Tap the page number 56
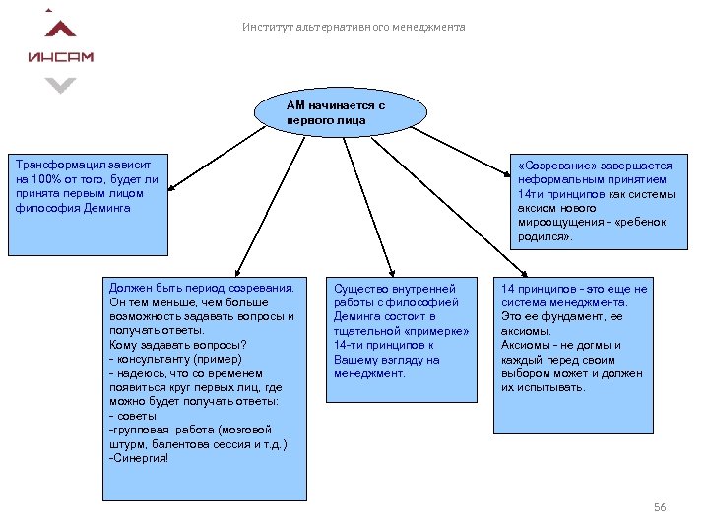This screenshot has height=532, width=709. [660, 507]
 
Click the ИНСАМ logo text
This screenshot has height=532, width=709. [61, 56]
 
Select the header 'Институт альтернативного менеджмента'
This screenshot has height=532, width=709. [354, 27]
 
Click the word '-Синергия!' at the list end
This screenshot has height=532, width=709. [139, 458]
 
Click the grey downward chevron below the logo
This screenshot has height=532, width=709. [61, 86]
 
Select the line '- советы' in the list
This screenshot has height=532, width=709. [133, 416]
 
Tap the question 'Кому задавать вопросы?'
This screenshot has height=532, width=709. [177, 345]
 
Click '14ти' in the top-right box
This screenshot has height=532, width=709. [532, 194]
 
